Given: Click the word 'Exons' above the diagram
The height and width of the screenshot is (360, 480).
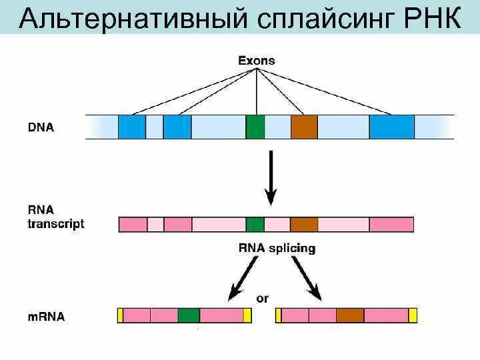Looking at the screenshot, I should [x=257, y=61].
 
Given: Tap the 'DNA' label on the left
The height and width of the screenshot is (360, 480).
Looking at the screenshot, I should [x=41, y=127].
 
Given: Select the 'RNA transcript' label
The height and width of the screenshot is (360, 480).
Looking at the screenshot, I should [x=56, y=217].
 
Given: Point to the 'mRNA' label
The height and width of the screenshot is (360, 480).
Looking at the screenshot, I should [x=46, y=316].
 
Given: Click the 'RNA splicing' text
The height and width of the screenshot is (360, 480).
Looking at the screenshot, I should [x=277, y=249].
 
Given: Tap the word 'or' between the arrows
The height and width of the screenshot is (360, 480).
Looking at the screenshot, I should [x=263, y=298].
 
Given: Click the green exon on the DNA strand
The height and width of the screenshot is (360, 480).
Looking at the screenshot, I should [x=255, y=127].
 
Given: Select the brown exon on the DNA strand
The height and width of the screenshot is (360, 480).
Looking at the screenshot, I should [x=304, y=127].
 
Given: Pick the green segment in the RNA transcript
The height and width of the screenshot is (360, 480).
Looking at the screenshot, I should [x=255, y=224].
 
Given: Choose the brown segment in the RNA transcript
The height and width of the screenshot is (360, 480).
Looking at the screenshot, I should [x=304, y=224].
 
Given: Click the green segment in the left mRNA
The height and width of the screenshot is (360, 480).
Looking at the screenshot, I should [x=189, y=315].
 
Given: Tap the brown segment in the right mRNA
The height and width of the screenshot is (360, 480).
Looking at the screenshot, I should [x=349, y=315].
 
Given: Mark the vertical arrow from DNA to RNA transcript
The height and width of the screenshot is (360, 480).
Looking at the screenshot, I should [x=271, y=177].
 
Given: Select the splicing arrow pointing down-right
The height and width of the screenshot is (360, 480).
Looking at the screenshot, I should [x=306, y=277].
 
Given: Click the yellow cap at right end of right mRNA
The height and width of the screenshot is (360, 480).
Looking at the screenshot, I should [x=413, y=315].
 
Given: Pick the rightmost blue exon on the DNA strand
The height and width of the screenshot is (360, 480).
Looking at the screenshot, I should [x=391, y=127].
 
